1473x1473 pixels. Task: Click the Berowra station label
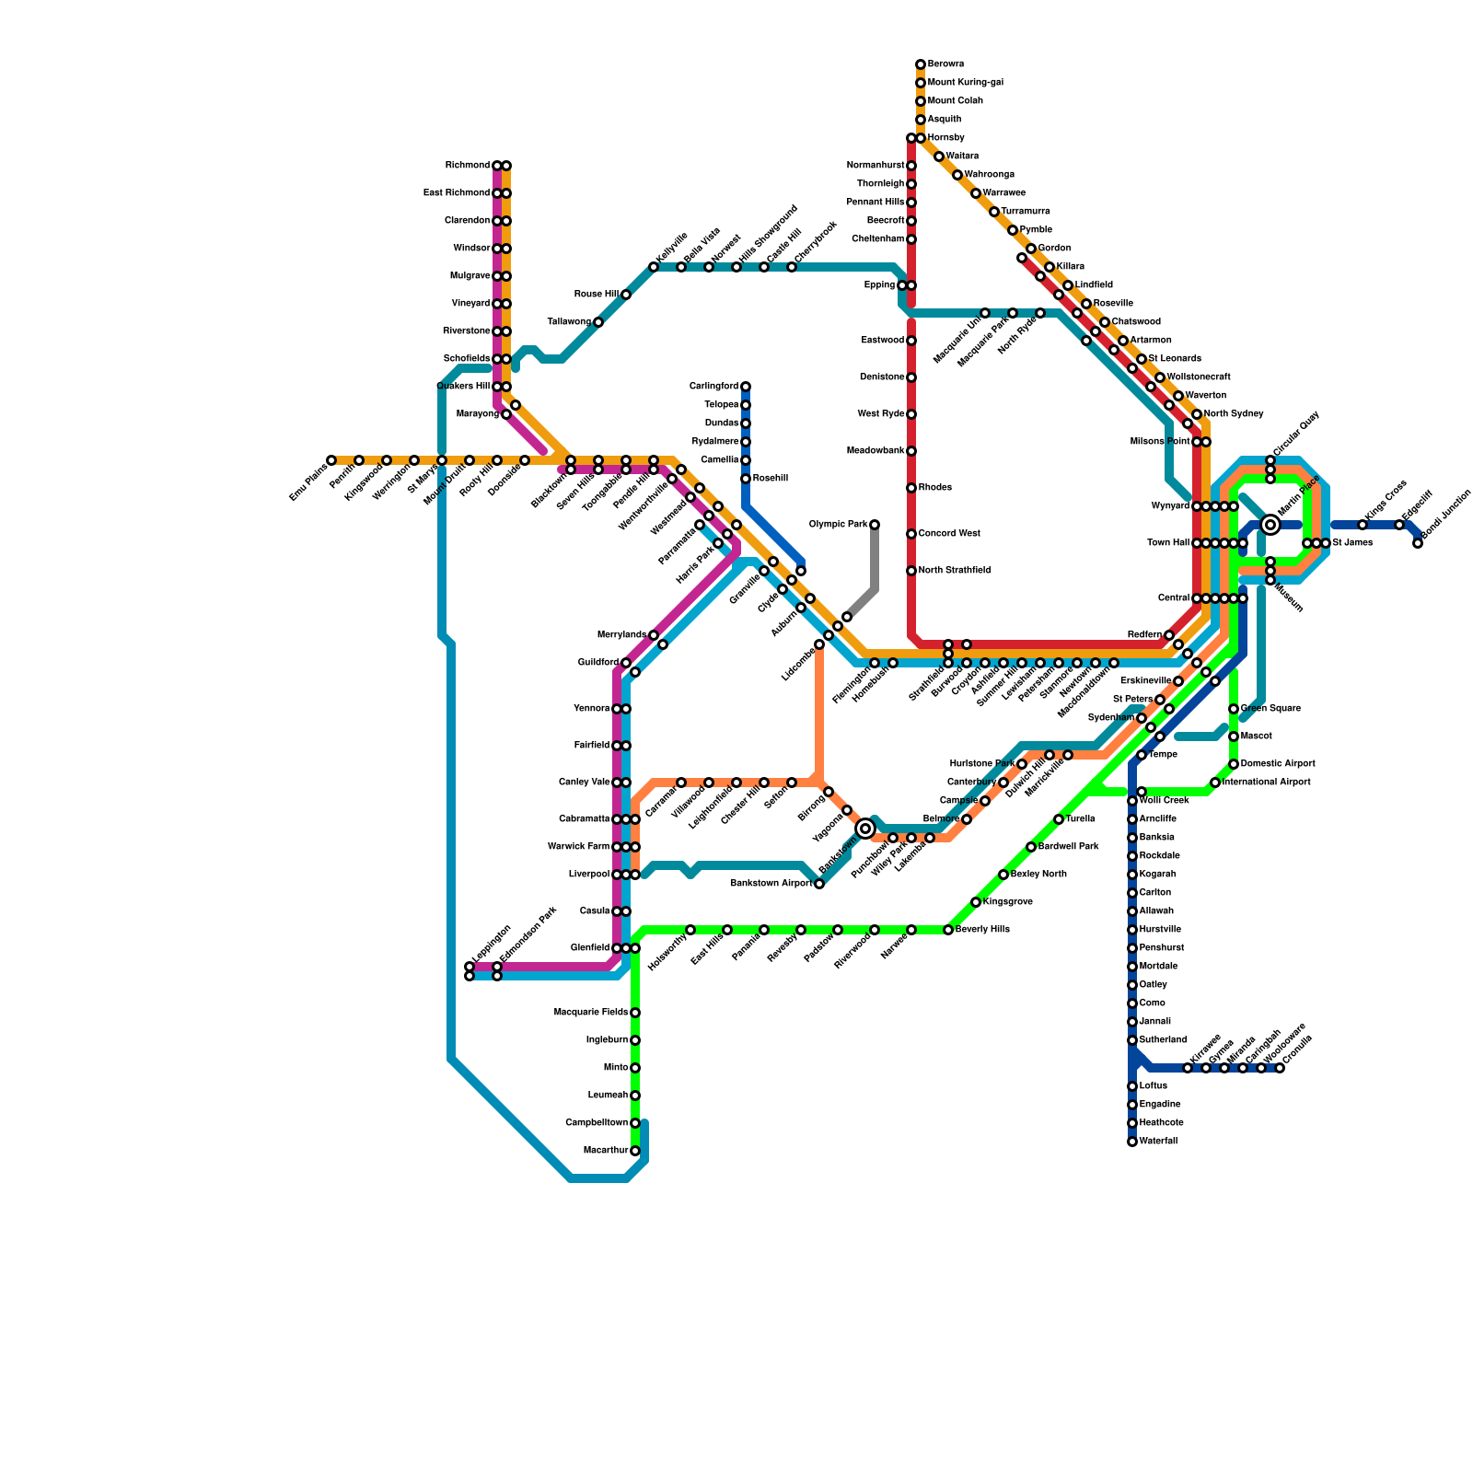945,64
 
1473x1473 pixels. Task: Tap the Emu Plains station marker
331,460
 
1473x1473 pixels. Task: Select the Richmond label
468,166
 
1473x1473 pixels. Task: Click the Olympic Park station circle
875,525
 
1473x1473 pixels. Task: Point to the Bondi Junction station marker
1418,543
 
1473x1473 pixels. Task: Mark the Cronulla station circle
1280,1068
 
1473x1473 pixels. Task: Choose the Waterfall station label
1158,1142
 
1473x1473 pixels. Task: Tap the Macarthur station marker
635,1151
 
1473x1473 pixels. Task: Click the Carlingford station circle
746,387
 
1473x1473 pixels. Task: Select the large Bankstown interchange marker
865,829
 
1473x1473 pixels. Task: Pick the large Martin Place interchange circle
1270,525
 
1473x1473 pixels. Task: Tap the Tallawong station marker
598,322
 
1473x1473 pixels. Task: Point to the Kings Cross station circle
1363,525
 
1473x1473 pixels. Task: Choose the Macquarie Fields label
591,1013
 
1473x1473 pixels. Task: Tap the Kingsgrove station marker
976,902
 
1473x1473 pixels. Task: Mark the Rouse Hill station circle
626,295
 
